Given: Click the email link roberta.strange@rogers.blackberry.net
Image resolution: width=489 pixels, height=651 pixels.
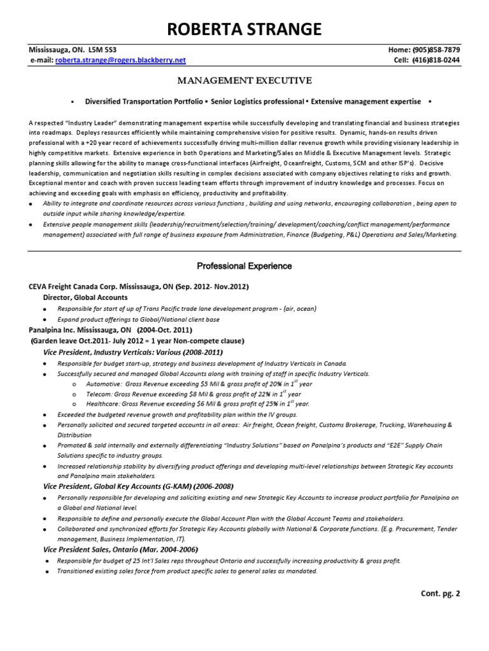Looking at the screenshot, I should [121, 60].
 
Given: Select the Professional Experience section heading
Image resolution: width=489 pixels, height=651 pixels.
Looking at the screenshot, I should [244, 266].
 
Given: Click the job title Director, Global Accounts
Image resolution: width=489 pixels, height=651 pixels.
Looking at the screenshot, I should [85, 298].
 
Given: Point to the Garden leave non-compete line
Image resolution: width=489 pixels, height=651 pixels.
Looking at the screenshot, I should [137, 341].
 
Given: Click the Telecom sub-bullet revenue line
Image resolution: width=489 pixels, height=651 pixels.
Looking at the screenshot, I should [181, 394].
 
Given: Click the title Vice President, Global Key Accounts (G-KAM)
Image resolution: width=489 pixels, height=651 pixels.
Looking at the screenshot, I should [138, 486].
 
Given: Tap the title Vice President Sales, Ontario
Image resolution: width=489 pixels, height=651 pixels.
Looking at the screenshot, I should [120, 549].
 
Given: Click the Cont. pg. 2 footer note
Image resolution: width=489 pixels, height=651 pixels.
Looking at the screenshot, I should [440, 593].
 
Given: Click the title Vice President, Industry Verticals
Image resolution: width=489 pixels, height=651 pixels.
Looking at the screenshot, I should [133, 352].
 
